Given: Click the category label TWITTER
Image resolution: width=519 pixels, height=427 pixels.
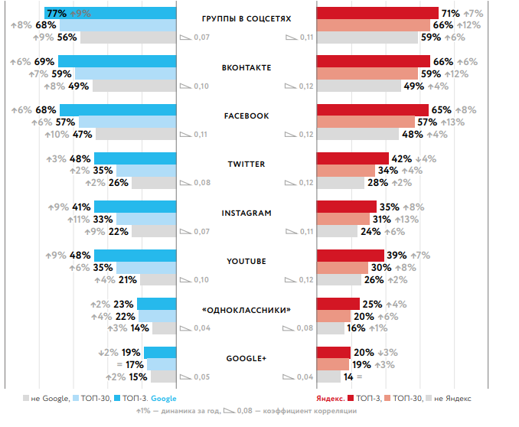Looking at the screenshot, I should (x=246, y=165).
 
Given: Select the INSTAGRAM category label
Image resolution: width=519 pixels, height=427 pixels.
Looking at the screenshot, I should (x=246, y=213).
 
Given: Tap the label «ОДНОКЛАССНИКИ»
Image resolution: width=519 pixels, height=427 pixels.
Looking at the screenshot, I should (x=246, y=310).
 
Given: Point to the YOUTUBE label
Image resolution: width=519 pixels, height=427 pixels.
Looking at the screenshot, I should (x=246, y=262).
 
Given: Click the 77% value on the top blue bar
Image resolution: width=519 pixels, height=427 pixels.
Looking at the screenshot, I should (x=56, y=13).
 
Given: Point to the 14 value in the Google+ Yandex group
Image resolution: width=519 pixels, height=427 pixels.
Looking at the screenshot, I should (x=348, y=376).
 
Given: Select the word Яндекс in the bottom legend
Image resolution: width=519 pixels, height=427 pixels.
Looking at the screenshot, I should (x=328, y=399).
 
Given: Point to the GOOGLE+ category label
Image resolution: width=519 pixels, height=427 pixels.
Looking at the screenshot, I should (x=246, y=358).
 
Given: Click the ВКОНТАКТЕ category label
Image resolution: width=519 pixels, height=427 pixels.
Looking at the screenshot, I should (x=246, y=68).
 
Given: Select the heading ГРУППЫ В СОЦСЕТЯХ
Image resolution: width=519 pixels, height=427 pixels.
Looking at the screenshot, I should (x=246, y=19).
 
